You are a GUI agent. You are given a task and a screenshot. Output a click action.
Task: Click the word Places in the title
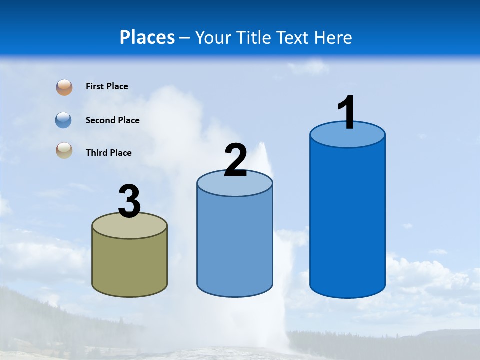click(147, 37)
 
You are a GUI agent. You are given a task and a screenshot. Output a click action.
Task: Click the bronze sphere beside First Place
click(64, 87)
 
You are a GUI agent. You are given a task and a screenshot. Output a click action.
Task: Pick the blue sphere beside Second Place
click(64, 120)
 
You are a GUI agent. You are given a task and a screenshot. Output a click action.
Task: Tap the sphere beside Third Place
click(64, 150)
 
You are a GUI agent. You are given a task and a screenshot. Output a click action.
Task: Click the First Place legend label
click(107, 86)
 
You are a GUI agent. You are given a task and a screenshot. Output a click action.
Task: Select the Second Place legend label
click(112, 120)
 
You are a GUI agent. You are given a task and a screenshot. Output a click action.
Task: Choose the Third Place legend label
click(108, 153)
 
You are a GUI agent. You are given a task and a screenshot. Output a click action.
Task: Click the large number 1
click(347, 113)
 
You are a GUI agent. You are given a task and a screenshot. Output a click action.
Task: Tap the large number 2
click(235, 160)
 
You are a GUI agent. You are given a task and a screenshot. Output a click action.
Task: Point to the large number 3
click(129, 202)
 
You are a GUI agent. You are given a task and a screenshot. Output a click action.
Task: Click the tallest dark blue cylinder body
click(347, 220)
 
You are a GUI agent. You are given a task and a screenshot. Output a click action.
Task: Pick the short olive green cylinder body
click(129, 265)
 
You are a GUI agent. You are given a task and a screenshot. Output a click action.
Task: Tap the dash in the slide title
click(184, 38)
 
